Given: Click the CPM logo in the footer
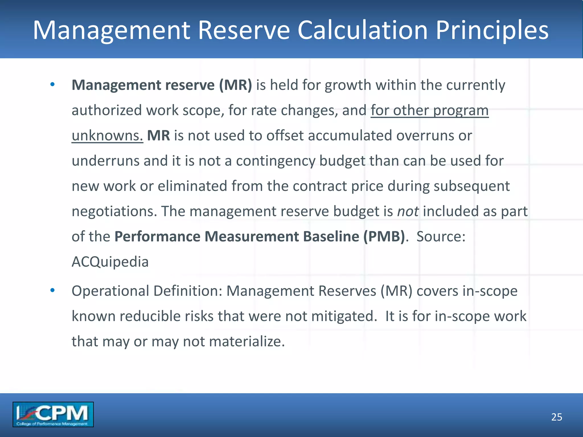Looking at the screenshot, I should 53,414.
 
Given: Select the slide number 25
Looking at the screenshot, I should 557,417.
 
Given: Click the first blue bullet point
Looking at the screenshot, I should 52,84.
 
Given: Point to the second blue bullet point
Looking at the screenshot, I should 52,290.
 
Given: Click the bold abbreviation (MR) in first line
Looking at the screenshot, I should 235,85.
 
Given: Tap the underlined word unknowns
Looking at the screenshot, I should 107,135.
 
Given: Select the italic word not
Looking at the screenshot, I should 408,211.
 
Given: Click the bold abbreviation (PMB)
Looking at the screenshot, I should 384,237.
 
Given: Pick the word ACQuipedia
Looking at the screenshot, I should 110,262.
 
